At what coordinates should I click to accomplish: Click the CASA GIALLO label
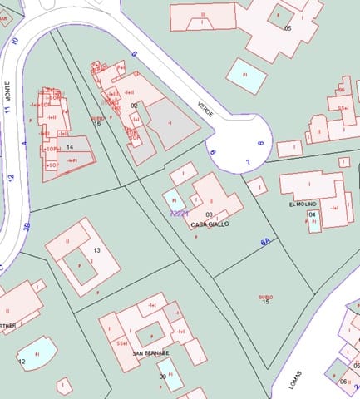pos(210,224)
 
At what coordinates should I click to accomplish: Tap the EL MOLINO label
pos(303,204)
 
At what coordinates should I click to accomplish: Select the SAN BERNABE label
pos(150,353)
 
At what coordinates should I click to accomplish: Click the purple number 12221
pos(179,214)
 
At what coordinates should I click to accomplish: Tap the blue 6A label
pos(266,241)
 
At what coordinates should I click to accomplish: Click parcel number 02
pos(135,106)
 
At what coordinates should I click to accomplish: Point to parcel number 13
pos(96,250)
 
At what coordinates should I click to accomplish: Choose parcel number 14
pos(70,147)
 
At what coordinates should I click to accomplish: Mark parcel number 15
pos(265,300)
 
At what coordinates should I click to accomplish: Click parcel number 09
pos(163,376)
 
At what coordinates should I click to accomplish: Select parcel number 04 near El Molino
pos(312,214)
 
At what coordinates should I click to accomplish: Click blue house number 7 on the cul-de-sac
pos(247,160)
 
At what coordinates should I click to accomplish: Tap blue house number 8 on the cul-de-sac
pos(260,143)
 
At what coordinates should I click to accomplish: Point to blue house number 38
pos(27,226)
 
